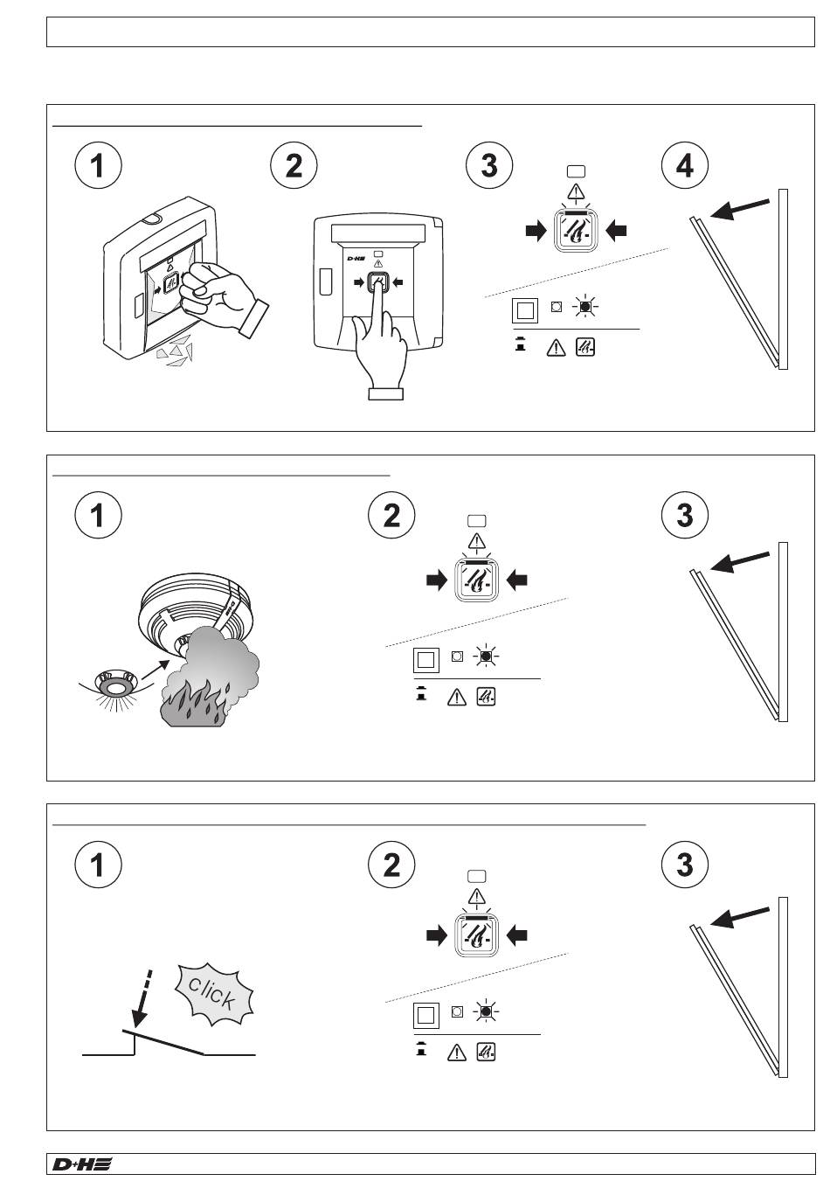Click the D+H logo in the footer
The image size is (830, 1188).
(82, 1164)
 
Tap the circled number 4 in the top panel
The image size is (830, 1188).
(685, 165)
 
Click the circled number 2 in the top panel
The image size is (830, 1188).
(294, 165)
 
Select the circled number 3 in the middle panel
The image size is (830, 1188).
(685, 515)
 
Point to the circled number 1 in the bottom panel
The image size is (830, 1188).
(98, 865)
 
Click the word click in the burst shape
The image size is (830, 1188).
(211, 993)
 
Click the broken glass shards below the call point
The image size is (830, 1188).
(175, 350)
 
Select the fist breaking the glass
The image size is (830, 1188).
(223, 295)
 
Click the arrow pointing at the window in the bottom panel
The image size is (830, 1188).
(740, 917)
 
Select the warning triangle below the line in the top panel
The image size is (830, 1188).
(556, 347)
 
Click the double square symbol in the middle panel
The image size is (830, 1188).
(426, 660)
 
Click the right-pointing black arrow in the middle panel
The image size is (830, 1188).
(437, 581)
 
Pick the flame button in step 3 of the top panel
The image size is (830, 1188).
(576, 230)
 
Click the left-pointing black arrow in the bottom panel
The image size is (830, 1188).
(516, 936)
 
